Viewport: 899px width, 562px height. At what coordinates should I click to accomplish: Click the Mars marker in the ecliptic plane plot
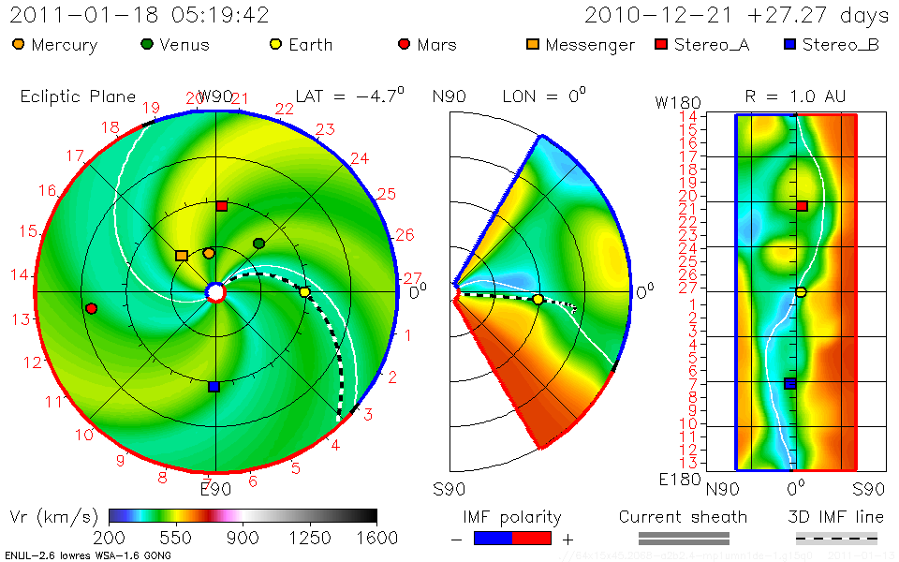pos(91,308)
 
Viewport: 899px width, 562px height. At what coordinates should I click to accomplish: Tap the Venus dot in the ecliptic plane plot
pos(259,244)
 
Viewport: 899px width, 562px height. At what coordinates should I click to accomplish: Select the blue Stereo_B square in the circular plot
pos(214,386)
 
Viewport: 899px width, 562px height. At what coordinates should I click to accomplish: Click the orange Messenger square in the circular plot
pos(181,255)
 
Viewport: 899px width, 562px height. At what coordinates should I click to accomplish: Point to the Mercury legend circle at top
pos(19,44)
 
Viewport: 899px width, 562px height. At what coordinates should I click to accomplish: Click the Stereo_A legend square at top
pos(659,44)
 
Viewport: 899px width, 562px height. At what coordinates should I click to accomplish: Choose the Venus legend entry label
pos(184,45)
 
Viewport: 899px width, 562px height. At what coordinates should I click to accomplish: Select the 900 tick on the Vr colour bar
pos(243,538)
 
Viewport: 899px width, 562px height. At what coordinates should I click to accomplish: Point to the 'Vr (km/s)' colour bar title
pos(52,516)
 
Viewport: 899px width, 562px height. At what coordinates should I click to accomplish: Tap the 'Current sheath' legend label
pos(683,517)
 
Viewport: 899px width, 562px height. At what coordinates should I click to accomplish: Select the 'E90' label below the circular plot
pos(215,489)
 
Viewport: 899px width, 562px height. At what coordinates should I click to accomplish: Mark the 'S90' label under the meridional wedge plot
pos(449,489)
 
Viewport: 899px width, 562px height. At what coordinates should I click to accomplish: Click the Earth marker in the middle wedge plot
pos(538,300)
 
